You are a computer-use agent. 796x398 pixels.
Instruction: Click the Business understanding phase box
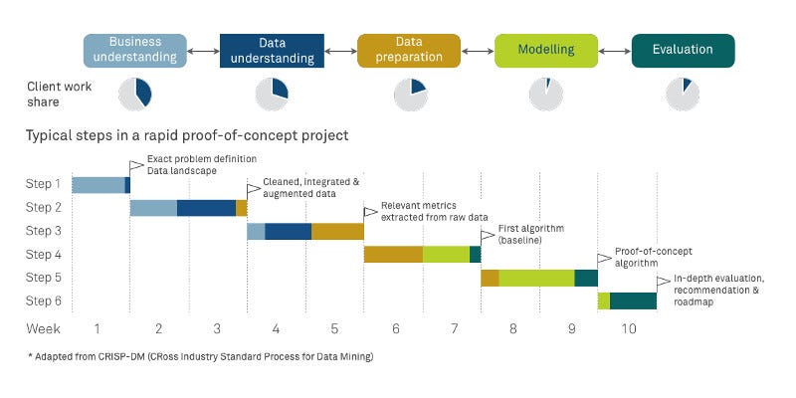coord(134,51)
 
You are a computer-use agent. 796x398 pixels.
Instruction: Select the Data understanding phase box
coord(272,51)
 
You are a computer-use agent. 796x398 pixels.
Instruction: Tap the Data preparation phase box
coord(409,51)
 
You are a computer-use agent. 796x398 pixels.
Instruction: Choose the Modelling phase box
coord(546,51)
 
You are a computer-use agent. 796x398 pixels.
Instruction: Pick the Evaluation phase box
coord(683,51)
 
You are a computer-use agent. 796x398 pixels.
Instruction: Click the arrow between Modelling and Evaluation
coord(614,51)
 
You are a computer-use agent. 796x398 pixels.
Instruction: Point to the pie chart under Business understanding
coord(135,94)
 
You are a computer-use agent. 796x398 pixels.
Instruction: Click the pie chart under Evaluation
coord(683,94)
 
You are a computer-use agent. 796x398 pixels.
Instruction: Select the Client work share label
coord(59,94)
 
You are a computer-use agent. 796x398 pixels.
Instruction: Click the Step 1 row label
coord(43,184)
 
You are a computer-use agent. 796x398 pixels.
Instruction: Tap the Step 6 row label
coord(43,301)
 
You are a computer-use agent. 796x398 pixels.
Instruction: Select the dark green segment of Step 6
coord(633,301)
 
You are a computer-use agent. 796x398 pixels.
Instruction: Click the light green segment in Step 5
coord(536,278)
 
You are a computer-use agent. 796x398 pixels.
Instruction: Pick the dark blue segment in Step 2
coord(206,208)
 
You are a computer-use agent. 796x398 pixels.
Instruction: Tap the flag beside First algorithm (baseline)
coord(488,236)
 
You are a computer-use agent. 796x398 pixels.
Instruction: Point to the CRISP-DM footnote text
coord(200,355)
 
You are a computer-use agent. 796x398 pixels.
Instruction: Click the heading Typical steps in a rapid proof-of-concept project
coord(187,135)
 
